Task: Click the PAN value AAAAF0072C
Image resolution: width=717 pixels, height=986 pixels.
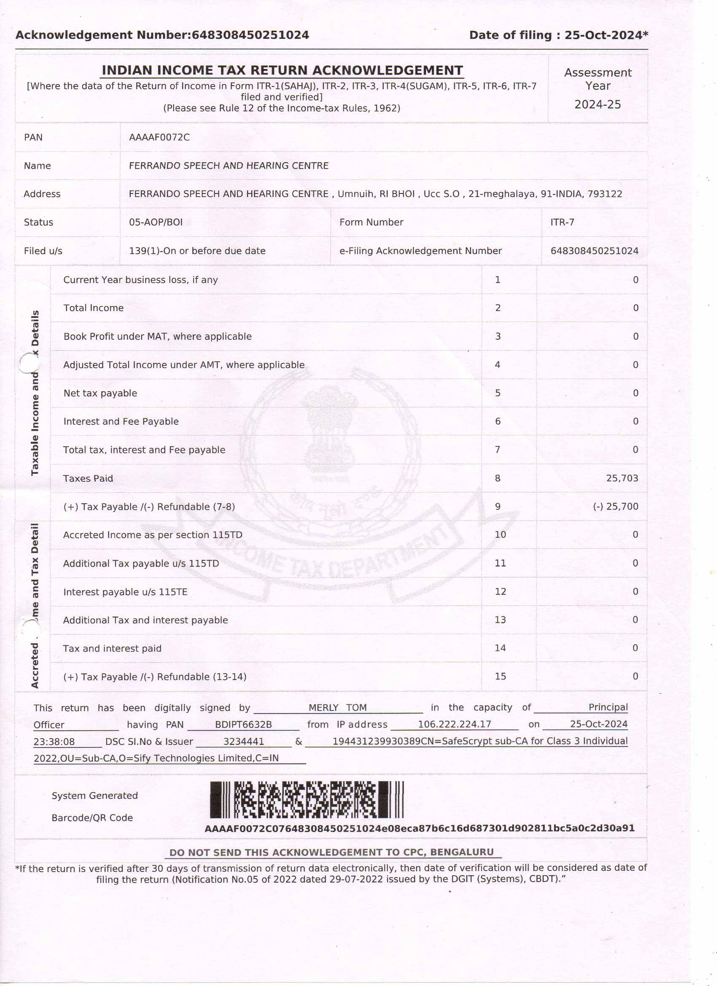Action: click(x=159, y=137)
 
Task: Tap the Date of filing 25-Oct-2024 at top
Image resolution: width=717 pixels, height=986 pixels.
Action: click(x=605, y=35)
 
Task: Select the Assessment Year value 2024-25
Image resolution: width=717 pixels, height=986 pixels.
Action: click(x=597, y=105)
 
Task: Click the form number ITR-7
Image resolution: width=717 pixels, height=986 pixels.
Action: click(x=562, y=222)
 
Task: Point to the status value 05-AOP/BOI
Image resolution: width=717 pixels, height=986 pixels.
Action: click(x=156, y=222)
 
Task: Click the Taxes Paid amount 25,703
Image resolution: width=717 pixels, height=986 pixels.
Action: click(x=622, y=478)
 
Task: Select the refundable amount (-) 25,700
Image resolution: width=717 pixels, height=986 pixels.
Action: click(x=615, y=506)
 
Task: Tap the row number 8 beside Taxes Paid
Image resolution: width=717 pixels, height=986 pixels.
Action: click(x=498, y=478)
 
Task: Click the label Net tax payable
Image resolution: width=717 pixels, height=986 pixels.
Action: click(x=100, y=393)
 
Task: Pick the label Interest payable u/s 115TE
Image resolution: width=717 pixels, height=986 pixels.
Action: click(x=125, y=592)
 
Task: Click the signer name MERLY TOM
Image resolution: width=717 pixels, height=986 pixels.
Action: click(x=337, y=707)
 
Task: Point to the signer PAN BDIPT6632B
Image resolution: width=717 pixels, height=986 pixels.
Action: click(x=243, y=724)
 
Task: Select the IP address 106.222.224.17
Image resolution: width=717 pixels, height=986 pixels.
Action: click(x=454, y=724)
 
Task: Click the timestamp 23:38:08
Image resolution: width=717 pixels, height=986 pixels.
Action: click(x=54, y=741)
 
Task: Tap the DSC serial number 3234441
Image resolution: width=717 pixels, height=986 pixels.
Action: click(x=243, y=741)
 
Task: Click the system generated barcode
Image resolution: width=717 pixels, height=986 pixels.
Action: click(x=307, y=800)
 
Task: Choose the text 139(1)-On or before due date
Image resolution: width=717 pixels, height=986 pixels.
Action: click(x=197, y=251)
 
